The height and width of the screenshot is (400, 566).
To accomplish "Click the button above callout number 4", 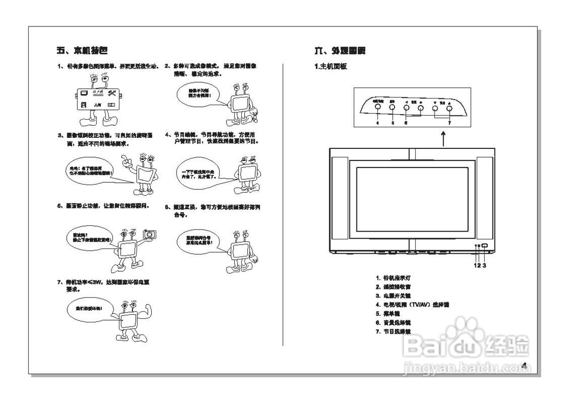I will pos(378,107).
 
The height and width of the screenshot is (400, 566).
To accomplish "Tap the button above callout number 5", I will pos(392,107).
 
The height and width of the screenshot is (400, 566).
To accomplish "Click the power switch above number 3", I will pos(484,246).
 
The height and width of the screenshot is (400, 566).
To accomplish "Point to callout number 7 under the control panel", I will pos(449,123).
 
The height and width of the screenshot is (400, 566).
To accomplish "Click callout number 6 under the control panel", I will pos(406,123).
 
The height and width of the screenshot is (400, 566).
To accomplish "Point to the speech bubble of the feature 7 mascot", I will pos(90,308).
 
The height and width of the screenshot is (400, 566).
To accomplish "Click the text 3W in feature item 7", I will pos(100,282).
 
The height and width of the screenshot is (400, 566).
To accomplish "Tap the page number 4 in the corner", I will pos(524,366).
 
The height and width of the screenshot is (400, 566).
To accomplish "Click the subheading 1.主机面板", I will pos(330,67).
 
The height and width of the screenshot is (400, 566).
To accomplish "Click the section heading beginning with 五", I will pos(81,50).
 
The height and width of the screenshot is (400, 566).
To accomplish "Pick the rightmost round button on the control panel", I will pos(449,107).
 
